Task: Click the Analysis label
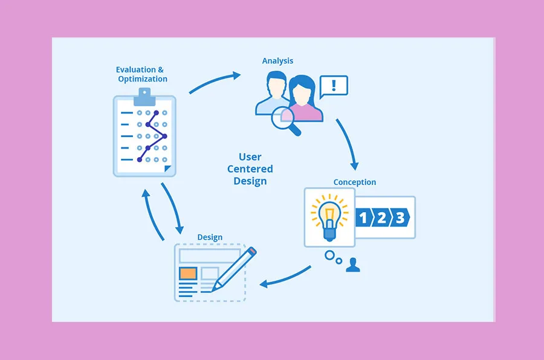pyautogui.click(x=277, y=61)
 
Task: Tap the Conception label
pyautogui.click(x=354, y=182)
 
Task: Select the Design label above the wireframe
pyautogui.click(x=210, y=237)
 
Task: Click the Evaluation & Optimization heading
pyautogui.click(x=142, y=74)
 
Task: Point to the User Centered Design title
pyautogui.click(x=250, y=169)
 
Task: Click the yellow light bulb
pyautogui.click(x=329, y=216)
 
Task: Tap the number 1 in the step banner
pyautogui.click(x=364, y=217)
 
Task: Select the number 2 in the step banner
pyautogui.click(x=381, y=217)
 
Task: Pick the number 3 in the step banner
pyautogui.click(x=400, y=217)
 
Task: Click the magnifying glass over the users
pyautogui.click(x=284, y=120)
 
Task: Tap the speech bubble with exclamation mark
pyautogui.click(x=334, y=86)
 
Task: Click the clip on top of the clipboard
pyautogui.click(x=144, y=94)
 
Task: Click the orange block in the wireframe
pyautogui.click(x=188, y=273)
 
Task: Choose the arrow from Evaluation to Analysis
pyautogui.click(x=215, y=82)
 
